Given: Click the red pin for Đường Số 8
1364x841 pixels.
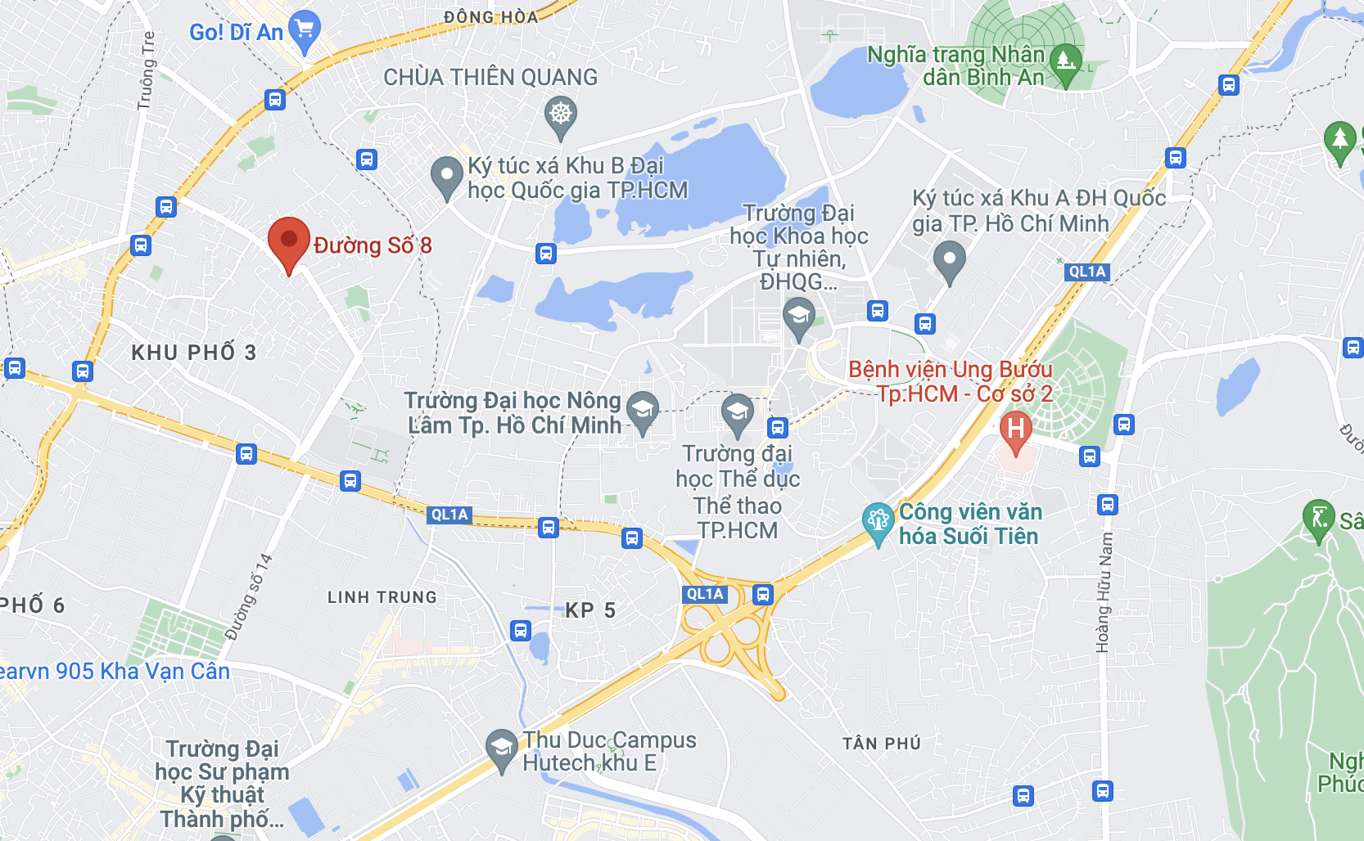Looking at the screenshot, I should pyautogui.click(x=289, y=241).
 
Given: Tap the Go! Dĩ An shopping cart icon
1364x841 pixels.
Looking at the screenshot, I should pyautogui.click(x=305, y=29).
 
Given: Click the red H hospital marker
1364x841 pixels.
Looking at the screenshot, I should pyautogui.click(x=1015, y=429).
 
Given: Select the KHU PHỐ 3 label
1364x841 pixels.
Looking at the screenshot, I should pyautogui.click(x=194, y=353).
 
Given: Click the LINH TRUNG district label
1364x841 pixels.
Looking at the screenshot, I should pyautogui.click(x=382, y=597).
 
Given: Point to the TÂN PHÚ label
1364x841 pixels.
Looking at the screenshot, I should pyautogui.click(x=882, y=744).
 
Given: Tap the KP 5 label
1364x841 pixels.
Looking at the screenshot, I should pyautogui.click(x=590, y=610).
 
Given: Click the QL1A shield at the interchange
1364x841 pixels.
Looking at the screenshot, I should pyautogui.click(x=705, y=594).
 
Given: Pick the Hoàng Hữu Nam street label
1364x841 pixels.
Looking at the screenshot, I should pyautogui.click(x=1104, y=592).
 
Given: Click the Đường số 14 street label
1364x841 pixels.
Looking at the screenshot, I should pyautogui.click(x=249, y=596).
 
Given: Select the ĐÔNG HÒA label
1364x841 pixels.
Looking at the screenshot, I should pyautogui.click(x=491, y=17).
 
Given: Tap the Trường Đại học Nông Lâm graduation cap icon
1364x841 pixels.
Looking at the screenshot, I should pyautogui.click(x=643, y=408).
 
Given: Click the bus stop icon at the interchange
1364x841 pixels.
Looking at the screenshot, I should pyautogui.click(x=763, y=594).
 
